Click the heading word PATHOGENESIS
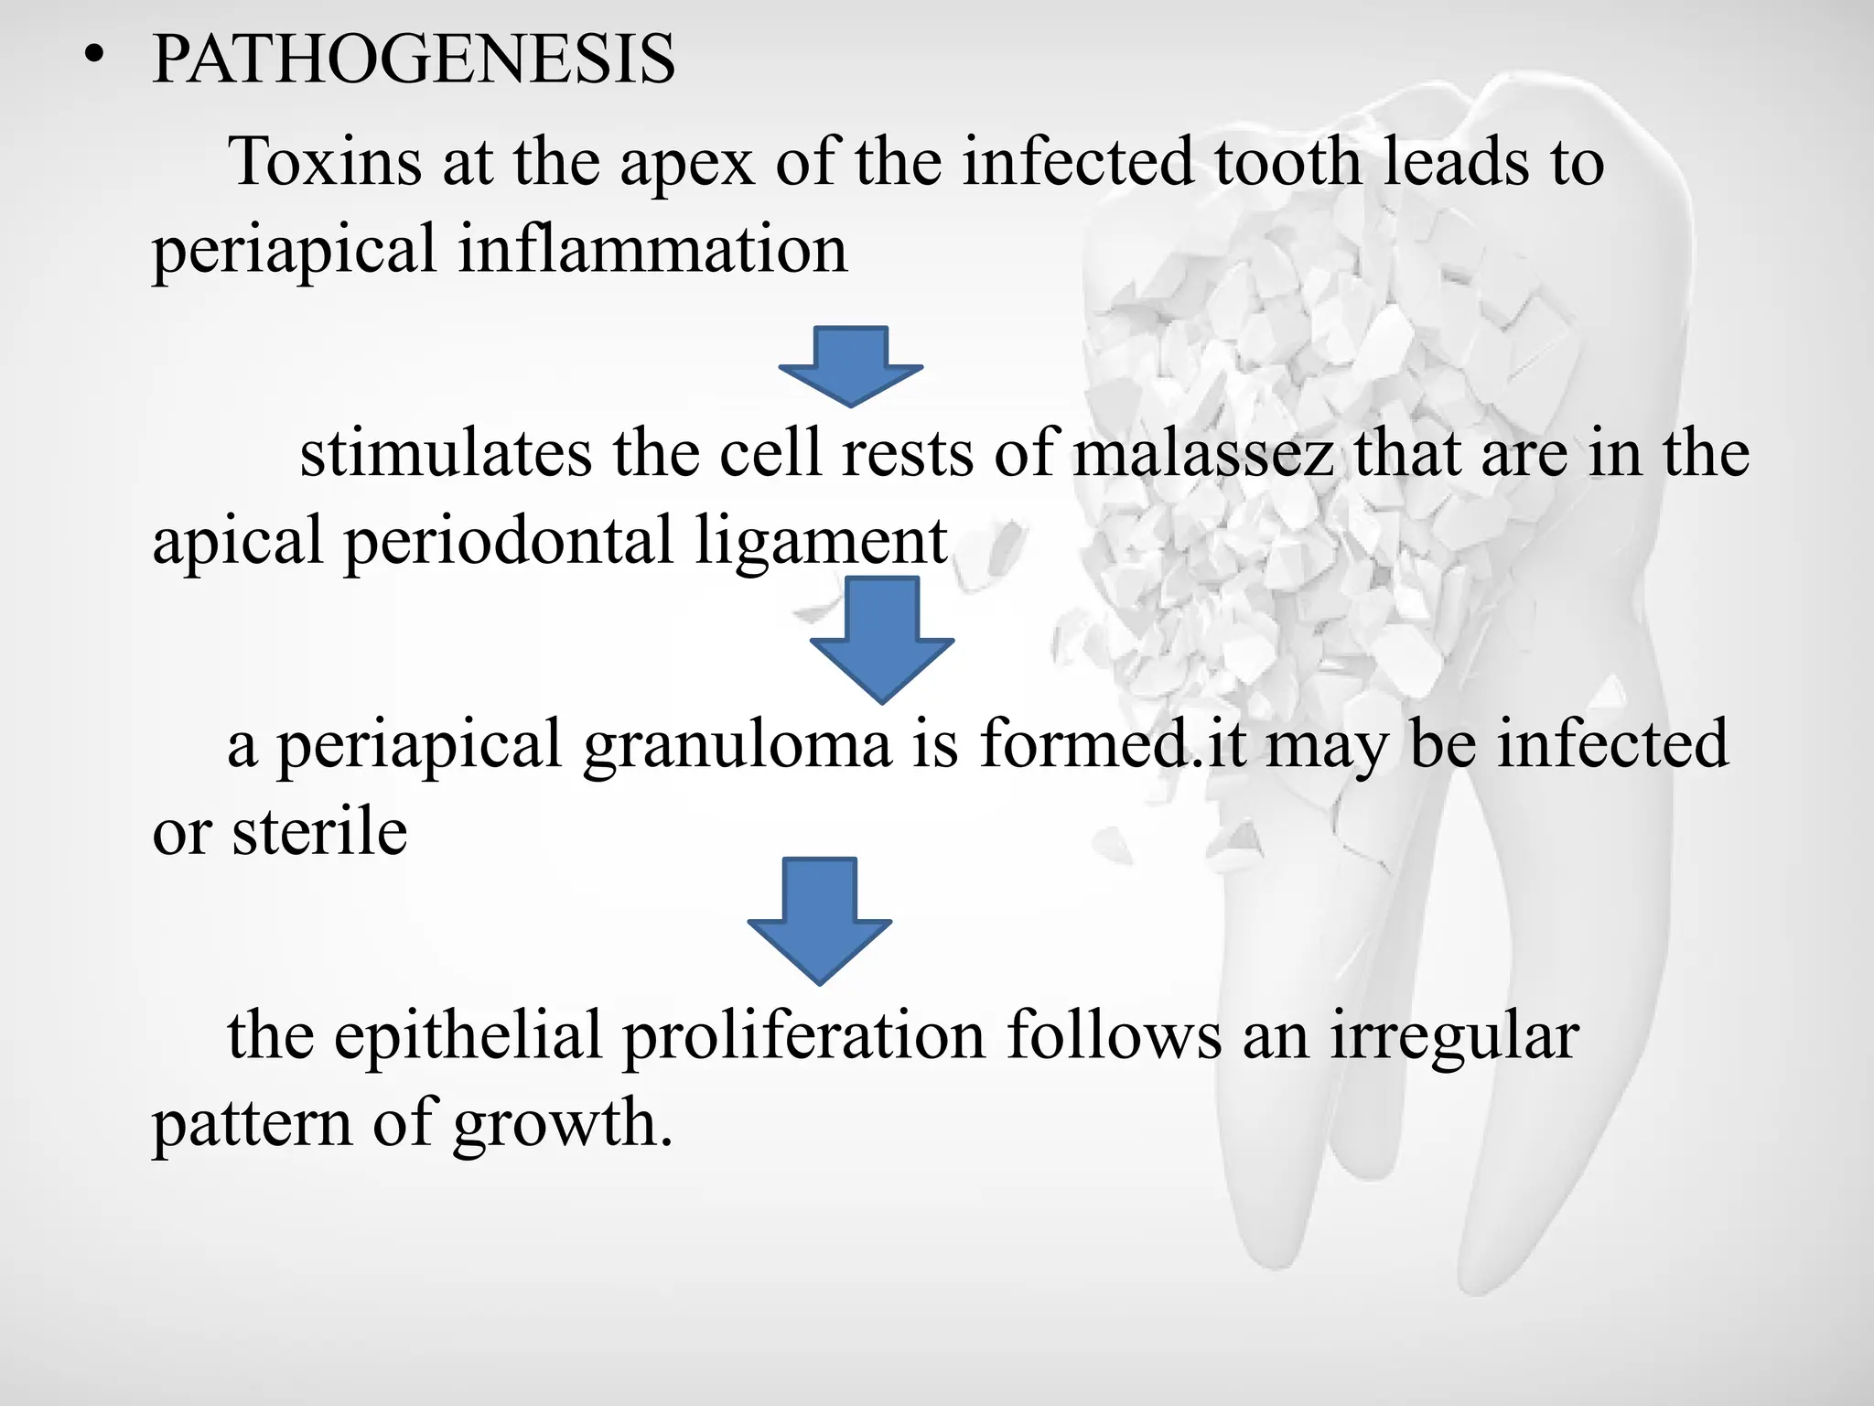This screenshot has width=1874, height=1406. pyautogui.click(x=414, y=59)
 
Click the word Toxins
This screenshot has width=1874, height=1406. pyautogui.click(x=325, y=162)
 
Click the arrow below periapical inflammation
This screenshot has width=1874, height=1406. pyautogui.click(x=851, y=365)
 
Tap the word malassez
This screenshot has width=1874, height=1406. pyautogui.click(x=1203, y=455)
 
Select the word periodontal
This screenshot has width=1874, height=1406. pyautogui.click(x=509, y=542)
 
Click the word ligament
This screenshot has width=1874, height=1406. pyautogui.click(x=821, y=542)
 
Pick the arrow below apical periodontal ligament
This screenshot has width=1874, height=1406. pyautogui.click(x=882, y=639)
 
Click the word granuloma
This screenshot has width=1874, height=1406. pyautogui.click(x=738, y=745)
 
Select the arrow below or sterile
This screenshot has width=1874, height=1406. pyautogui.click(x=820, y=919)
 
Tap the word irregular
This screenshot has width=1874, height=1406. pyautogui.click(x=1454, y=1036)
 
